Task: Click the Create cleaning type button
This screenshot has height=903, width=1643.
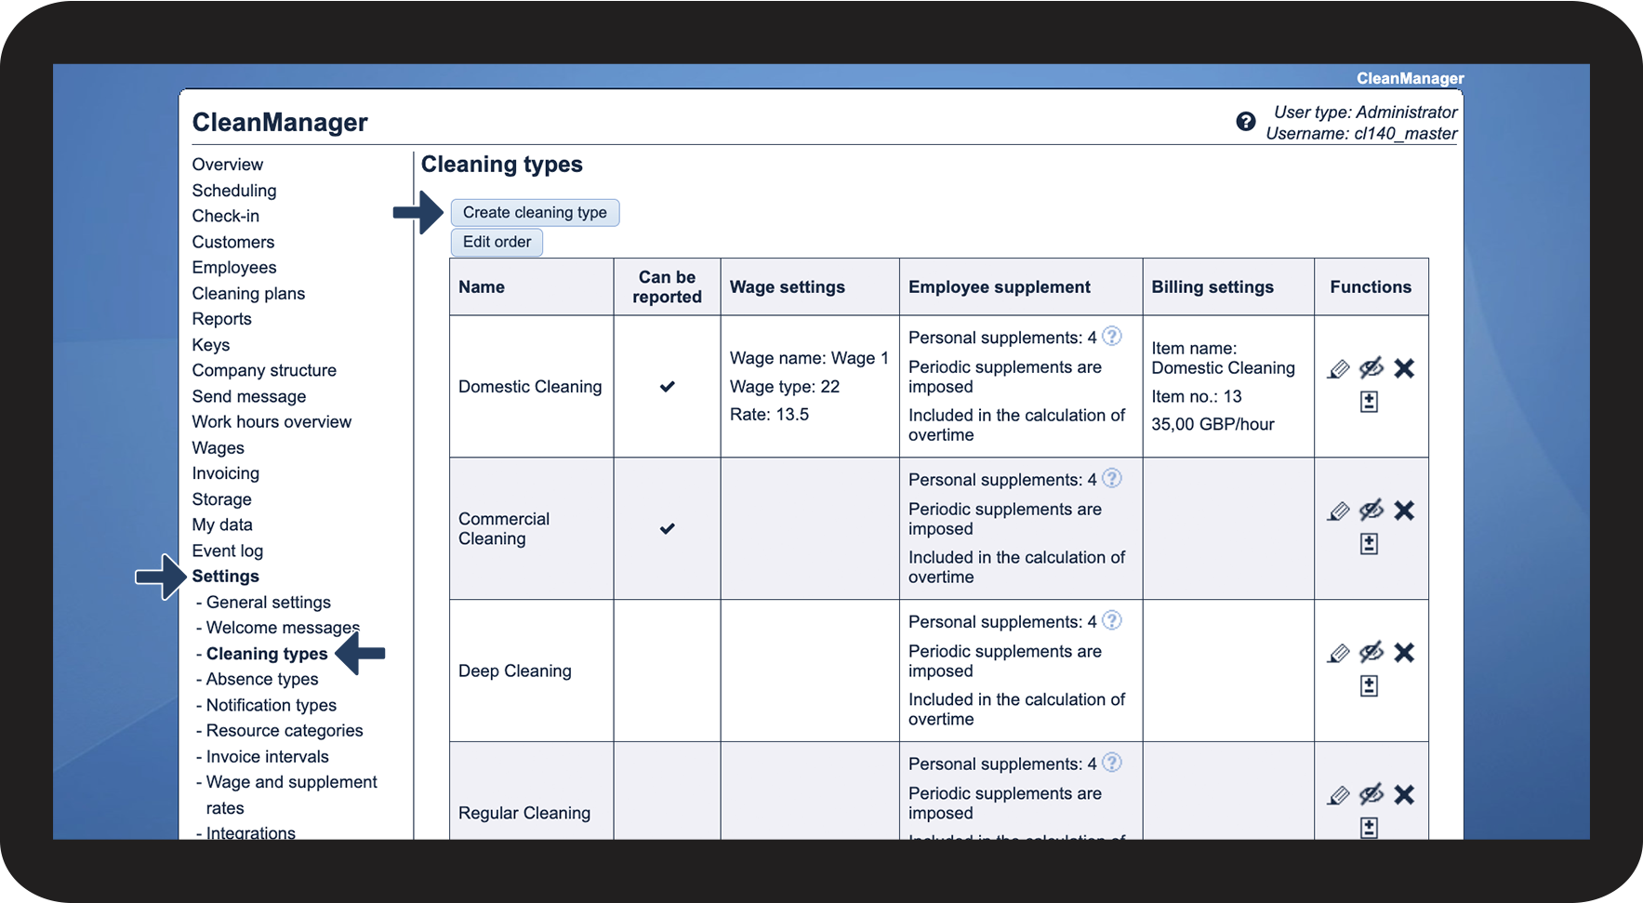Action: point(535,213)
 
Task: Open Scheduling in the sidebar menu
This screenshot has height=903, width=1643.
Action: point(234,191)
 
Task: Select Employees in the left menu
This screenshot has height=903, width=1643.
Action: point(234,268)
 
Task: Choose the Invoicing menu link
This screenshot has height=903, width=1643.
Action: point(226,473)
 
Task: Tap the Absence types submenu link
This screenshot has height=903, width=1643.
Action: point(262,680)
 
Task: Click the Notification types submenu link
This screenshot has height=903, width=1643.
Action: point(272,706)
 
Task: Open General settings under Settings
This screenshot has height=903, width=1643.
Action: point(269,603)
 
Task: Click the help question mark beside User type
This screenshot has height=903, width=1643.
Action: point(1246,122)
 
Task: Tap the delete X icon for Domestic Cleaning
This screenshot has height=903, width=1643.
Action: point(1404,369)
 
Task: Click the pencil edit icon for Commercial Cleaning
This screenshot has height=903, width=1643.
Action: point(1338,511)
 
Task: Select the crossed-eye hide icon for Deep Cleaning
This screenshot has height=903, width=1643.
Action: point(1371,653)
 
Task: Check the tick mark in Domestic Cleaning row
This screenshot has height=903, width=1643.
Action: point(668,387)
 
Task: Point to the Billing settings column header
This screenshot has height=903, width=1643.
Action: point(1212,287)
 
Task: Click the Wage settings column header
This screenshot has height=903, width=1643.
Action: point(788,287)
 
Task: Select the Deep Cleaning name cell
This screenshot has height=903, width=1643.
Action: point(515,671)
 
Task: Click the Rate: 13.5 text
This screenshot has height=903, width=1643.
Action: point(770,415)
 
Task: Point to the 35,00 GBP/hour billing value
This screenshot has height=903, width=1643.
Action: point(1212,425)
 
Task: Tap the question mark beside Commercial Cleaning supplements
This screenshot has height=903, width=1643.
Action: point(1112,479)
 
